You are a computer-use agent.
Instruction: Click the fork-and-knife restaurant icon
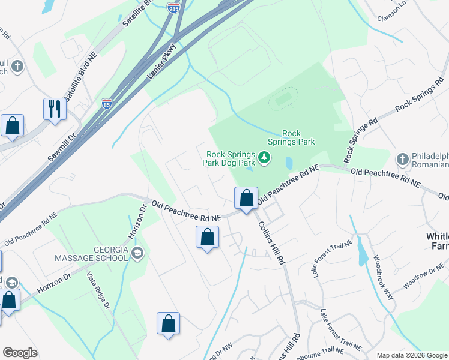pos(54,109)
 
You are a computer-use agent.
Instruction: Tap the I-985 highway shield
pos(173,8)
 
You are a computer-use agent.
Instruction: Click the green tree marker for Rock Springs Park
pos(264,158)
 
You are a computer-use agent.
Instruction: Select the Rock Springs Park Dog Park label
pos(231,158)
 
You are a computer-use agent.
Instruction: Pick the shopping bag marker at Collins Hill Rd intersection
pos(246,198)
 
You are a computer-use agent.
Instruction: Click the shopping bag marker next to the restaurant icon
pos(12,126)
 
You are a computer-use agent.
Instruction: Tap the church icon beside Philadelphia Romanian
pos(403,160)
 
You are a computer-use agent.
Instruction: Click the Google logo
pos(20,353)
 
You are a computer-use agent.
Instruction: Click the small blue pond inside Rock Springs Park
pos(289,163)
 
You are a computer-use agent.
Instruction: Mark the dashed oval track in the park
pos(283,100)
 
